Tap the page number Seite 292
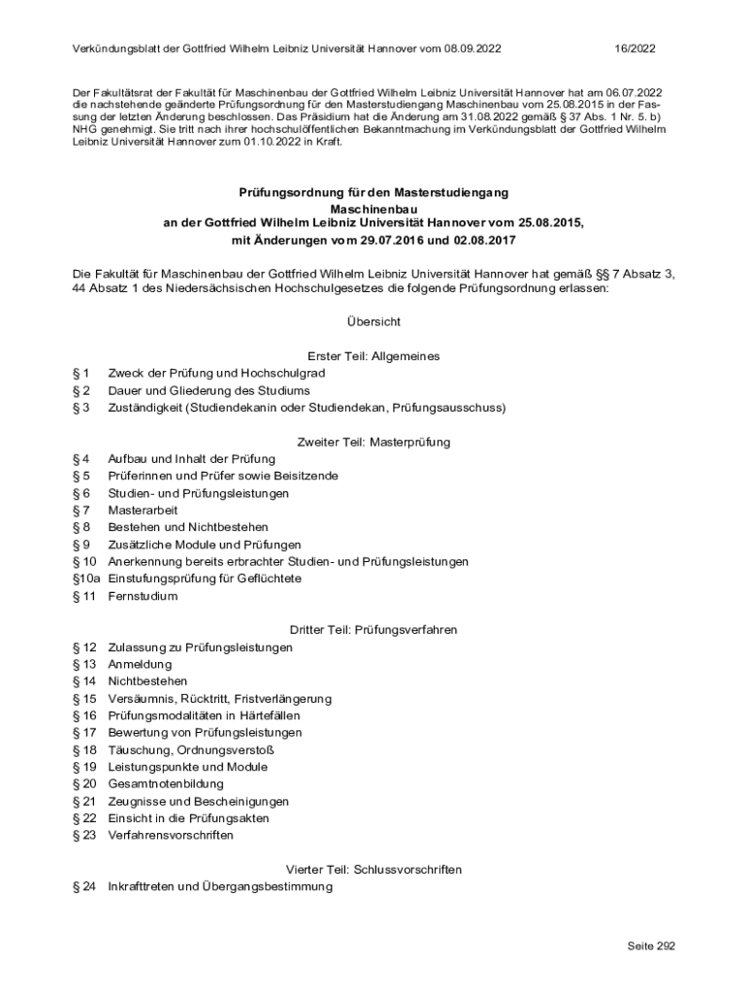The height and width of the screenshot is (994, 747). tap(650, 946)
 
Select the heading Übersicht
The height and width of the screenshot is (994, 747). tap(373, 321)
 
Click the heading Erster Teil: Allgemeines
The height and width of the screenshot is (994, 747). tap(373, 356)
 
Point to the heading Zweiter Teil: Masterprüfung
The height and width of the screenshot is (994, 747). tap(373, 442)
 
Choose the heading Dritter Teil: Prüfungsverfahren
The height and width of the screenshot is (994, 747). tap(373, 630)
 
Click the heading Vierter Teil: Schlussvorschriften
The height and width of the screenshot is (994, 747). tap(373, 869)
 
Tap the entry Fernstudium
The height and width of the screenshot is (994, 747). tap(143, 596)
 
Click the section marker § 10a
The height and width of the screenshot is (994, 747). tap(86, 579)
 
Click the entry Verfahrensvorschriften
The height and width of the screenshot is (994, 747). tap(171, 835)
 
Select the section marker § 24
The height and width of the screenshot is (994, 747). tap(84, 886)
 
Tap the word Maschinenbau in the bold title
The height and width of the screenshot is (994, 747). tap(373, 209)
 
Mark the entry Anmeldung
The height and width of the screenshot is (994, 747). tap(140, 664)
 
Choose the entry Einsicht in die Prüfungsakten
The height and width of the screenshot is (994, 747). tap(188, 818)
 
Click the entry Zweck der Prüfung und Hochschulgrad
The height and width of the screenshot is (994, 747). tap(216, 373)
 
